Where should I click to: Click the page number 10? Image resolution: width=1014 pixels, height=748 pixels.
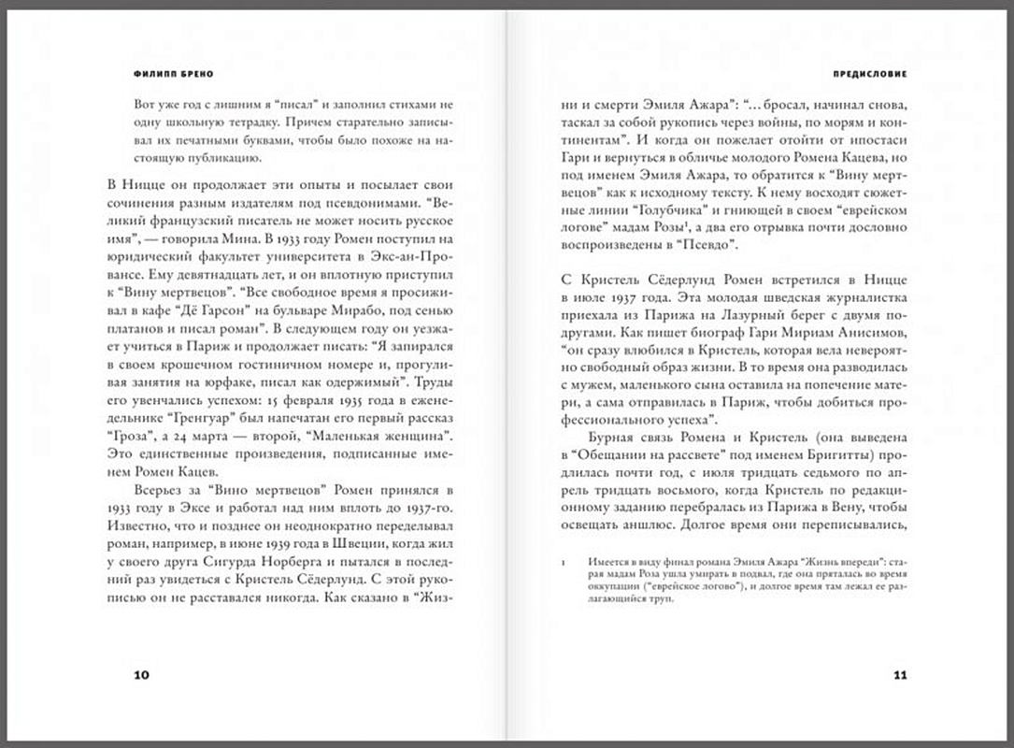pos(141,675)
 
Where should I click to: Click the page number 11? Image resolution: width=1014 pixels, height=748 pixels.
pos(900,675)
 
